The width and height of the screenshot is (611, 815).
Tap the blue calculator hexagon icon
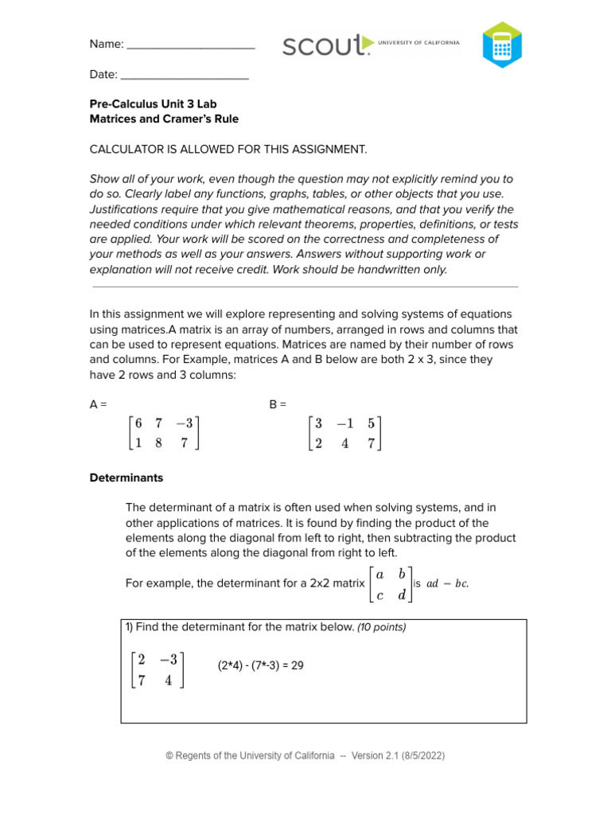point(502,45)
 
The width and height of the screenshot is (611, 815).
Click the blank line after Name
point(190,45)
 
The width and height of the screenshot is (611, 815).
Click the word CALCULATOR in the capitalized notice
point(129,149)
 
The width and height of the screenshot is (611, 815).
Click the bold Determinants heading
point(126,478)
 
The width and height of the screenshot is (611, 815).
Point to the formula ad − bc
point(447,583)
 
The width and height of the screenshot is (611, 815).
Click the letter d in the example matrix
point(402,594)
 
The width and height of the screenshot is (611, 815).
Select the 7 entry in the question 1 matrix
point(141,680)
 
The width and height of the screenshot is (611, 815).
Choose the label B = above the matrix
point(278,404)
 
